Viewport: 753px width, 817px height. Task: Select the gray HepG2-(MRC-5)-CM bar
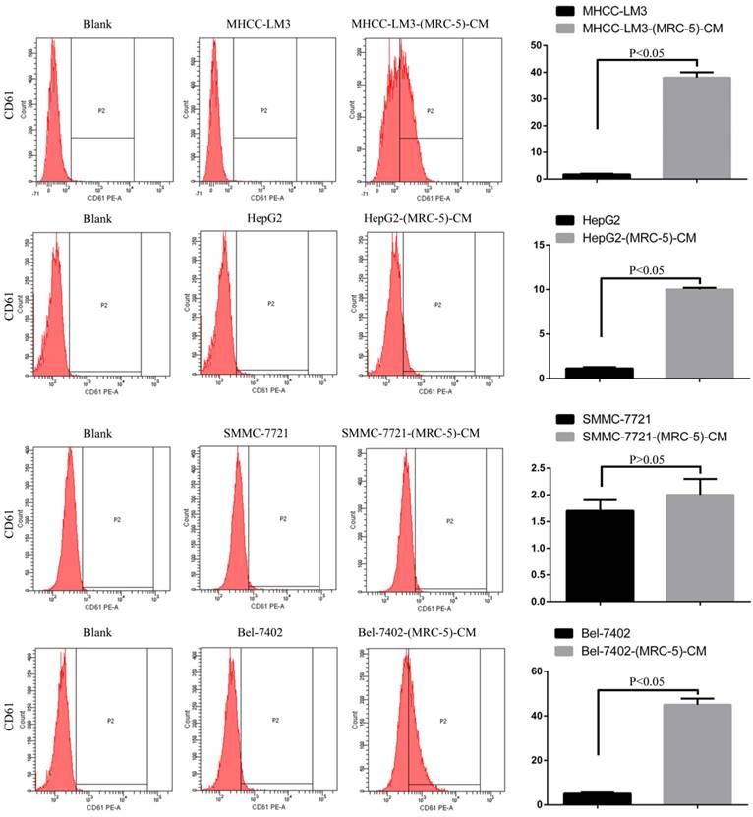coord(698,333)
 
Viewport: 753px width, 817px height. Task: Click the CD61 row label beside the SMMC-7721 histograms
coord(12,522)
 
